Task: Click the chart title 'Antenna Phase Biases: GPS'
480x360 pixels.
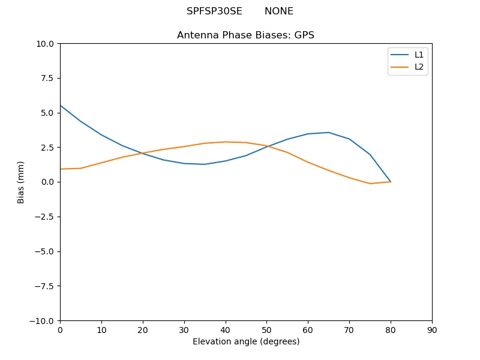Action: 245,35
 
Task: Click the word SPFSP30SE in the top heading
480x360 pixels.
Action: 214,11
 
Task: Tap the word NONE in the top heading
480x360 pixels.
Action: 279,11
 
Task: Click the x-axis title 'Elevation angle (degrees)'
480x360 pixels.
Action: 246,342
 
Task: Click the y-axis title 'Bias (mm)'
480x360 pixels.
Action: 21,182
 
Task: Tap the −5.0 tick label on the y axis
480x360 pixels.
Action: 46,251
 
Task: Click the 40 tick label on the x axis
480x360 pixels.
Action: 226,330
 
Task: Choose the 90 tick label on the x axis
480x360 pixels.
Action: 432,330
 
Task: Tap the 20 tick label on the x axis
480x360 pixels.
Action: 143,330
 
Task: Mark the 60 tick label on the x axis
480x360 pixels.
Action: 308,330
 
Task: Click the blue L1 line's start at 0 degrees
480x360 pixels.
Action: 60,106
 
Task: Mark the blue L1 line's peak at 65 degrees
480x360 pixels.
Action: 329,133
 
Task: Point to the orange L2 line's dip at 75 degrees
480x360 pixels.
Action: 370,184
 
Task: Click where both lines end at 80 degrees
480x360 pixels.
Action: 391,182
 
